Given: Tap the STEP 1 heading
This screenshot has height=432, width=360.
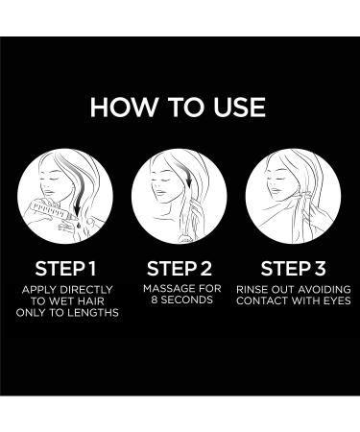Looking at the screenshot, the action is [65, 269].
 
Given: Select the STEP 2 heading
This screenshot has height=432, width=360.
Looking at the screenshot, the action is [180, 269].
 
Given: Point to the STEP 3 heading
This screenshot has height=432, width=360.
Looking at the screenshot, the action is [293, 269].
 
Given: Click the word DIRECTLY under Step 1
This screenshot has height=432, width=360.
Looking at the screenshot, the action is [86, 290].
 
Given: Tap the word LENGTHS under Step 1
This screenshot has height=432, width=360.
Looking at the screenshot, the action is [92, 312].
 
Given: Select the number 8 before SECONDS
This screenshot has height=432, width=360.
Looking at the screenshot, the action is [155, 300].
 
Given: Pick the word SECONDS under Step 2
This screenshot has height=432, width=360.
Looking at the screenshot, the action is [187, 300].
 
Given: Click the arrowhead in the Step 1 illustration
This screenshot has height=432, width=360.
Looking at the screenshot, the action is [77, 209].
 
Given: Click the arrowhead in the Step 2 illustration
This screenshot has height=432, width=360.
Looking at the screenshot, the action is [189, 182].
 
